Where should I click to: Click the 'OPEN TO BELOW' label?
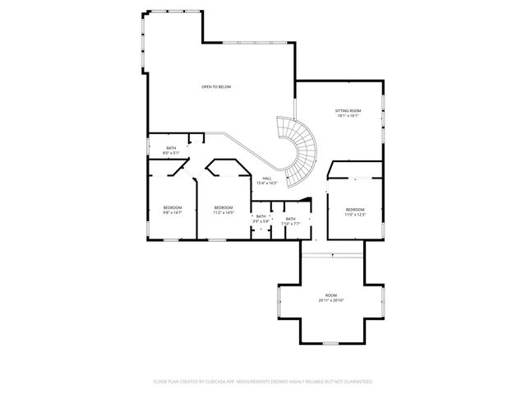click(215, 86)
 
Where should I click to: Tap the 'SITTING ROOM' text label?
click(348, 110)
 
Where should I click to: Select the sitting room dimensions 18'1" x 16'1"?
click(348, 116)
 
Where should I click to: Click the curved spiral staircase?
click(300, 148)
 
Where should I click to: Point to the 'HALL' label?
click(267, 178)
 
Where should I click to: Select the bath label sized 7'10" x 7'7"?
click(291, 221)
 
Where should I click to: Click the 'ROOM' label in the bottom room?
click(330, 295)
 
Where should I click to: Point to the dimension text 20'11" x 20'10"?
click(330, 300)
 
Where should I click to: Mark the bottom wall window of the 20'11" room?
click(330, 342)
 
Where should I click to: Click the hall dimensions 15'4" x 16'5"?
click(267, 183)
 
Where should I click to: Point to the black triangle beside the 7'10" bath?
click(307, 199)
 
